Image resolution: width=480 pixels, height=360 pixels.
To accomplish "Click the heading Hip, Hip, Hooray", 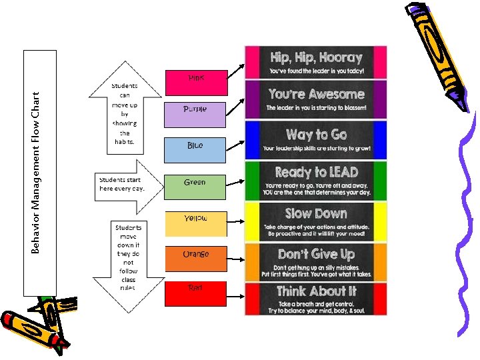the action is (x=316, y=57).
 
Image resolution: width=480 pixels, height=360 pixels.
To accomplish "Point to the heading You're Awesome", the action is (x=316, y=94).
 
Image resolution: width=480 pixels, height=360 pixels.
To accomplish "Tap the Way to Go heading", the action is (x=316, y=135).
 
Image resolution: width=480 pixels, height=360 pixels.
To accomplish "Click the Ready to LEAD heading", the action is (x=316, y=173).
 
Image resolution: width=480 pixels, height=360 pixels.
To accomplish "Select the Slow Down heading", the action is (x=316, y=213).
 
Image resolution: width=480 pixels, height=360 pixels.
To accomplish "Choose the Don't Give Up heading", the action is (x=316, y=254).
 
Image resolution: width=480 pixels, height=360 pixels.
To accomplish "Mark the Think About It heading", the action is (x=316, y=291).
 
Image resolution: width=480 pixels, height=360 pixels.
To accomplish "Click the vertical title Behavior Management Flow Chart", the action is (x=39, y=173).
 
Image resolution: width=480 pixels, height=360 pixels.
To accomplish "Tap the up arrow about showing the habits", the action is (x=123, y=107).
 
